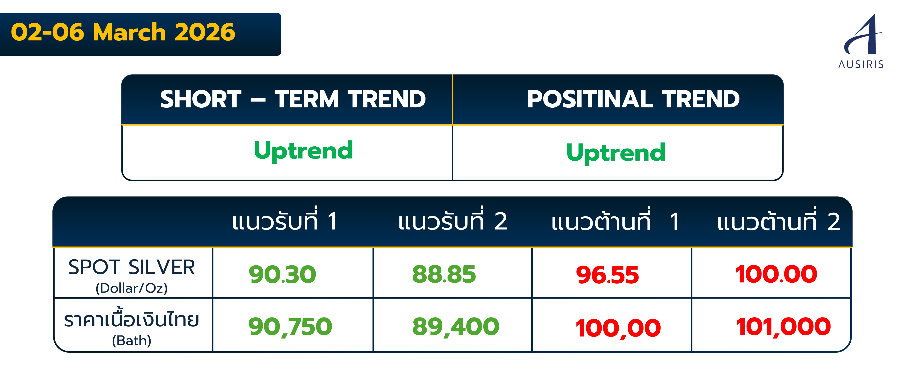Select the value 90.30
[282, 275]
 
